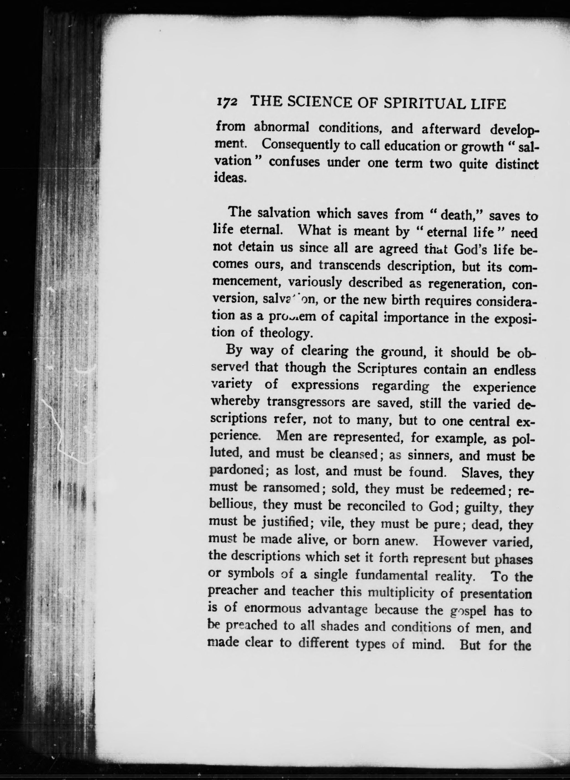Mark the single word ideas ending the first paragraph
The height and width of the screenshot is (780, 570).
point(230,178)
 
